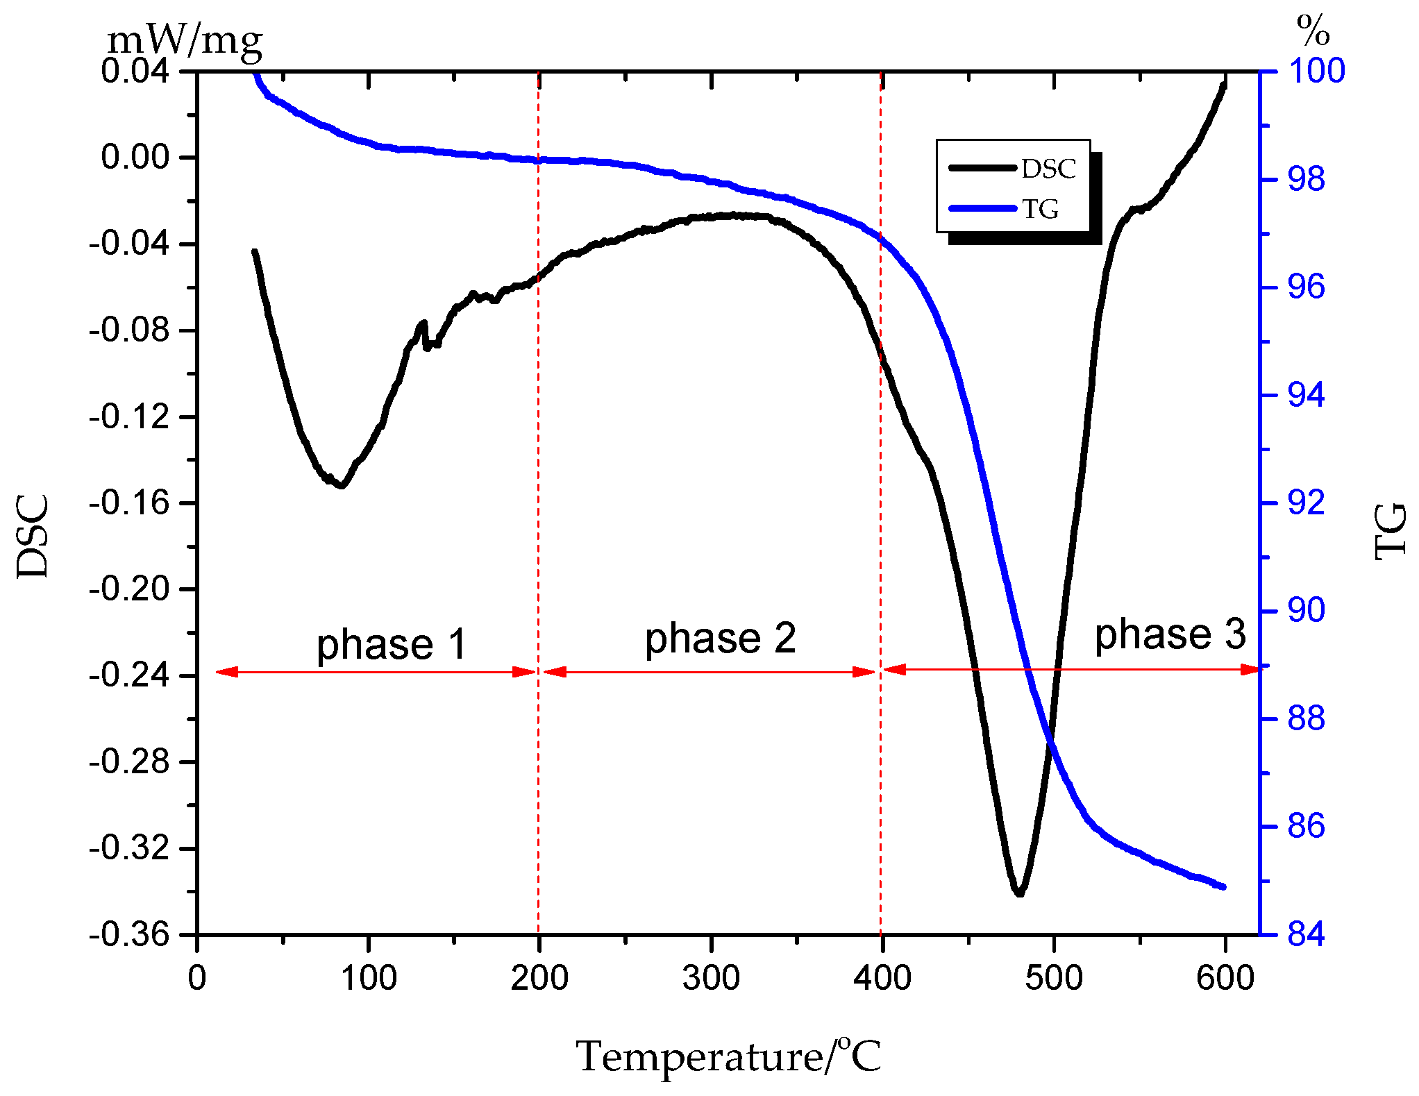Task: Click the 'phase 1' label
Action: coord(391,644)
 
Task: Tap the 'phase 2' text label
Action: coord(720,639)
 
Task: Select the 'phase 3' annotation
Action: coord(1170,634)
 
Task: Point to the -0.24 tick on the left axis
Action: coord(129,675)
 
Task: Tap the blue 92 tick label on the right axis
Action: coord(1306,503)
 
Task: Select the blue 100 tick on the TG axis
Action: coord(1316,71)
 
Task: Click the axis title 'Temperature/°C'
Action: coord(728,1056)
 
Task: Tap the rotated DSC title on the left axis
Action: coord(33,536)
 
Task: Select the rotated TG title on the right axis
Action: coord(1391,532)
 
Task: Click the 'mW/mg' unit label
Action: coord(185,40)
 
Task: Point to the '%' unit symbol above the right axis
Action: coord(1312,31)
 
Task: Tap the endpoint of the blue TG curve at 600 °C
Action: coord(1223,886)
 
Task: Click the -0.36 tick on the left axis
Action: coord(129,935)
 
